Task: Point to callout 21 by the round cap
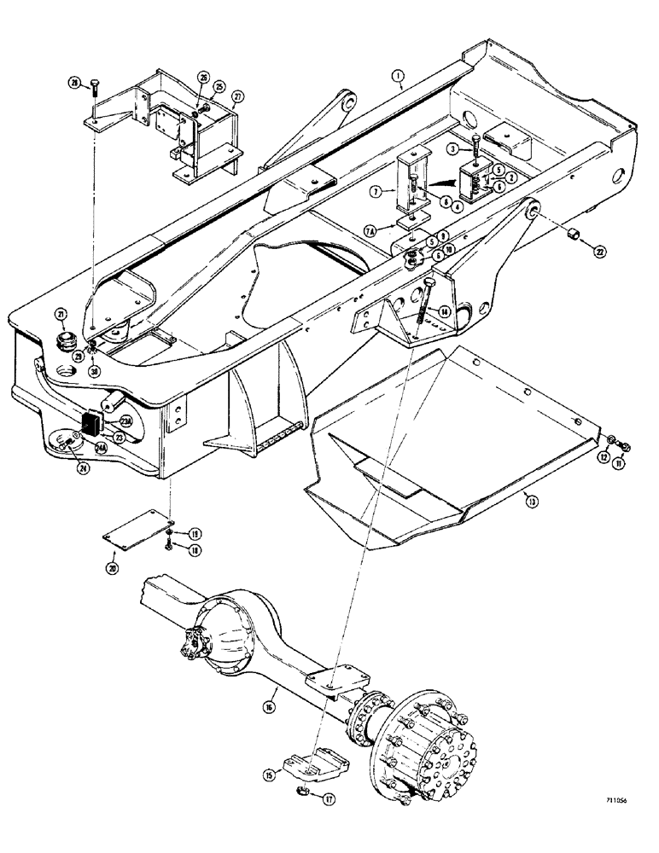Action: coord(61,315)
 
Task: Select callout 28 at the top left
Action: coord(74,83)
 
